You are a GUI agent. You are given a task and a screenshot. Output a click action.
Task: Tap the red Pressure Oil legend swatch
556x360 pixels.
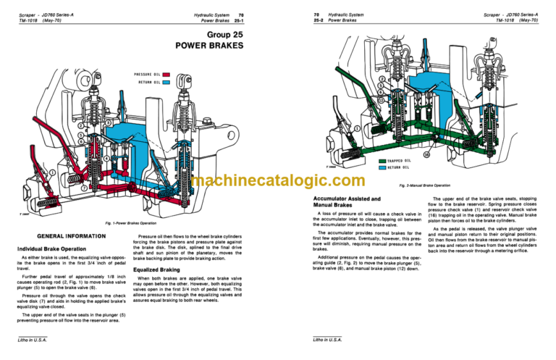(167, 74)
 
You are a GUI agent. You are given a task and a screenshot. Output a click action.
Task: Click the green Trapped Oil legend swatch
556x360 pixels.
(382, 161)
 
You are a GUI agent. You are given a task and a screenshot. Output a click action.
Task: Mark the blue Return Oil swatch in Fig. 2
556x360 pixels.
(382, 167)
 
